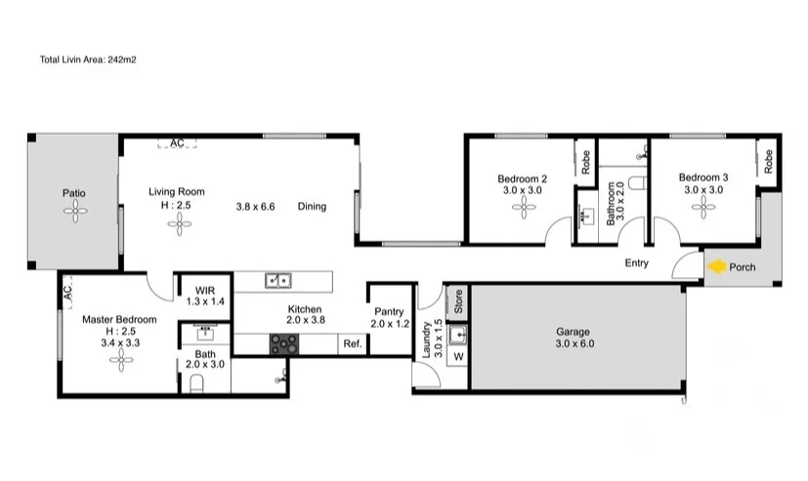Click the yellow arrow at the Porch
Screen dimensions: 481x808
(x=716, y=266)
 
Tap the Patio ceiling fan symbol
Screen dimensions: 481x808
(x=74, y=218)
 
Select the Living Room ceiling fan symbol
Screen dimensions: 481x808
(x=179, y=225)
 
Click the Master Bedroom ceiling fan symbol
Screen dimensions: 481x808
(x=120, y=361)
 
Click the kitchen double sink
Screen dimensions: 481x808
(x=277, y=282)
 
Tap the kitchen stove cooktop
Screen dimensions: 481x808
(x=284, y=343)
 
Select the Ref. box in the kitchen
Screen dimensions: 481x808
(x=352, y=344)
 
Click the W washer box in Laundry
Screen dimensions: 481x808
(x=457, y=356)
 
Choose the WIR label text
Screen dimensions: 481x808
(x=205, y=291)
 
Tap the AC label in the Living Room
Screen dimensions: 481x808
(x=177, y=143)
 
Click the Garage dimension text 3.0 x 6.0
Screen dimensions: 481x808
(x=574, y=344)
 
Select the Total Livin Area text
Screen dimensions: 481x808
(x=87, y=60)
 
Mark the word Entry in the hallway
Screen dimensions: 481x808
(x=636, y=263)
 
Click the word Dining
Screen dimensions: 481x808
(x=312, y=206)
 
